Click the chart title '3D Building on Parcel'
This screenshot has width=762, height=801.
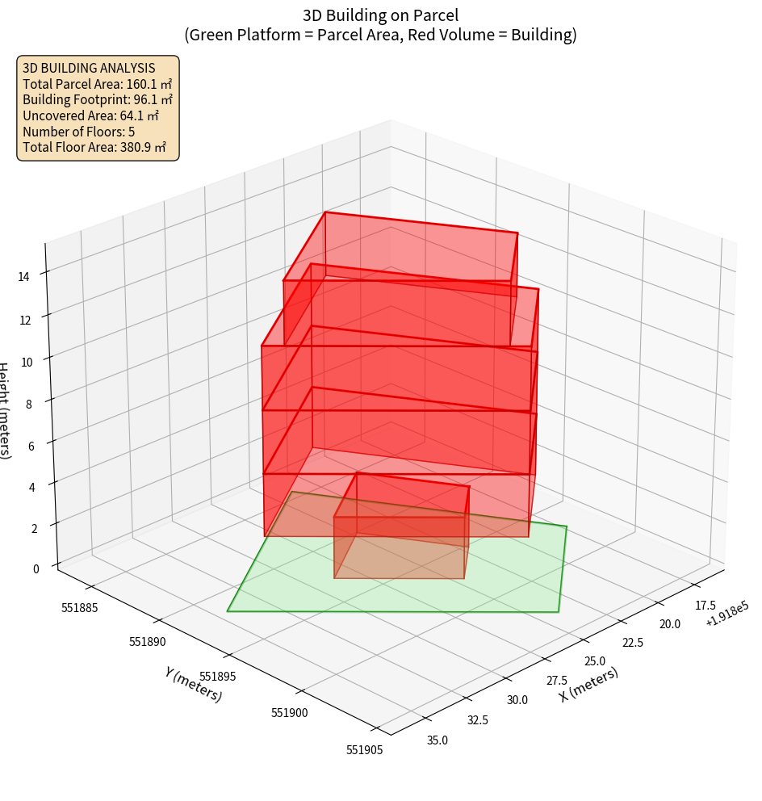[x=380, y=15]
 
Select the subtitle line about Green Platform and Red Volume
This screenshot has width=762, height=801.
[x=380, y=36]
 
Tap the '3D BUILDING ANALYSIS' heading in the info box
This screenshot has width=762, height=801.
[x=89, y=68]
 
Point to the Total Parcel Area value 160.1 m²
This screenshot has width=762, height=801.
[x=149, y=84]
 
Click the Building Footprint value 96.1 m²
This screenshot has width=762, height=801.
[x=153, y=99]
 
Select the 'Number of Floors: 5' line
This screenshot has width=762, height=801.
[x=79, y=132]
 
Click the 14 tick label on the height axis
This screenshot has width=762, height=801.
[x=23, y=277]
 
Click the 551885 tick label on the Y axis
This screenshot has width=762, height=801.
[x=80, y=607]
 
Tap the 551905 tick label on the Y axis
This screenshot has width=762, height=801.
[x=364, y=749]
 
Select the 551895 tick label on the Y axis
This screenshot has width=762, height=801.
[x=218, y=676]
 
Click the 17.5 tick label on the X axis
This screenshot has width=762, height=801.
[x=705, y=605]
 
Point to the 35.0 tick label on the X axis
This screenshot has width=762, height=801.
[x=438, y=739]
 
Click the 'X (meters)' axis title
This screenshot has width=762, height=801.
[x=589, y=684]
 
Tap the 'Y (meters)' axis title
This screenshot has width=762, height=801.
[x=193, y=684]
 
